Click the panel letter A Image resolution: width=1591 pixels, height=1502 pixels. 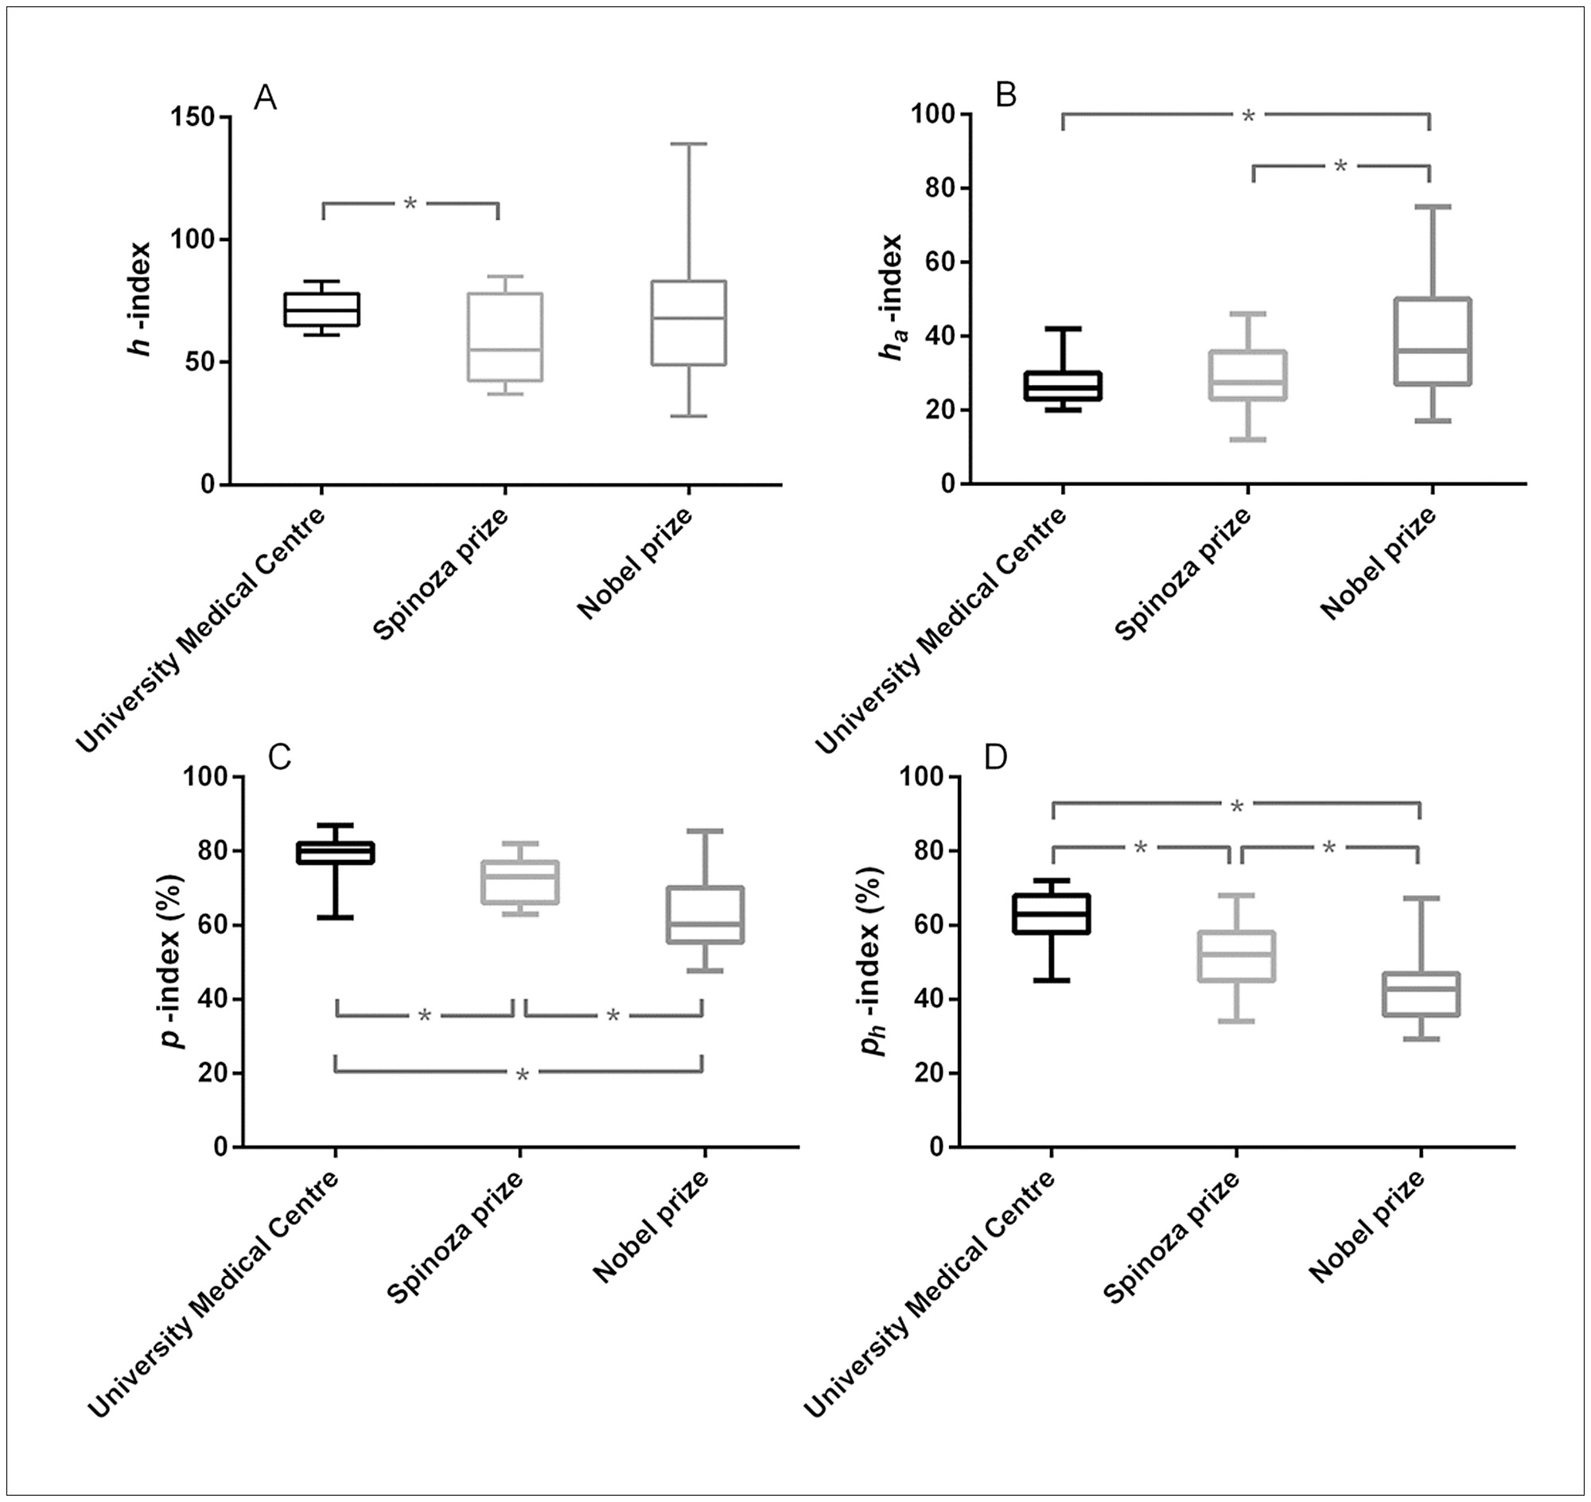pos(265,99)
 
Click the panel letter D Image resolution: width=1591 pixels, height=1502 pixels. pos(996,757)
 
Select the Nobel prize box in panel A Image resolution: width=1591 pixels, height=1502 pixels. pos(688,323)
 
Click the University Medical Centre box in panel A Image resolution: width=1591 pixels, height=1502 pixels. pos(321,309)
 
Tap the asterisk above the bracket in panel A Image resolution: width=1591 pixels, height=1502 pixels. pos(410,204)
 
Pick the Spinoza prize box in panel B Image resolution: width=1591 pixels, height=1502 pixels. pos(1248,375)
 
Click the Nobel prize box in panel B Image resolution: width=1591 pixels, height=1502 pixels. pos(1432,341)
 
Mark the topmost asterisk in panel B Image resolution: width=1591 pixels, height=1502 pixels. pos(1247,117)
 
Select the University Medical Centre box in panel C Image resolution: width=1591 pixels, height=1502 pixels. pos(336,852)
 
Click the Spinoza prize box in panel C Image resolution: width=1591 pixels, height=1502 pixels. pos(519,882)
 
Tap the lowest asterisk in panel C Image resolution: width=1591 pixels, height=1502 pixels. pos(522,1076)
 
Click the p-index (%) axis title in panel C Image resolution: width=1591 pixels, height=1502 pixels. pos(171,961)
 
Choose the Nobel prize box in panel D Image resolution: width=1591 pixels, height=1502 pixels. pos(1420,994)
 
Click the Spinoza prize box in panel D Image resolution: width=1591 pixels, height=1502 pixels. pos(1236,957)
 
